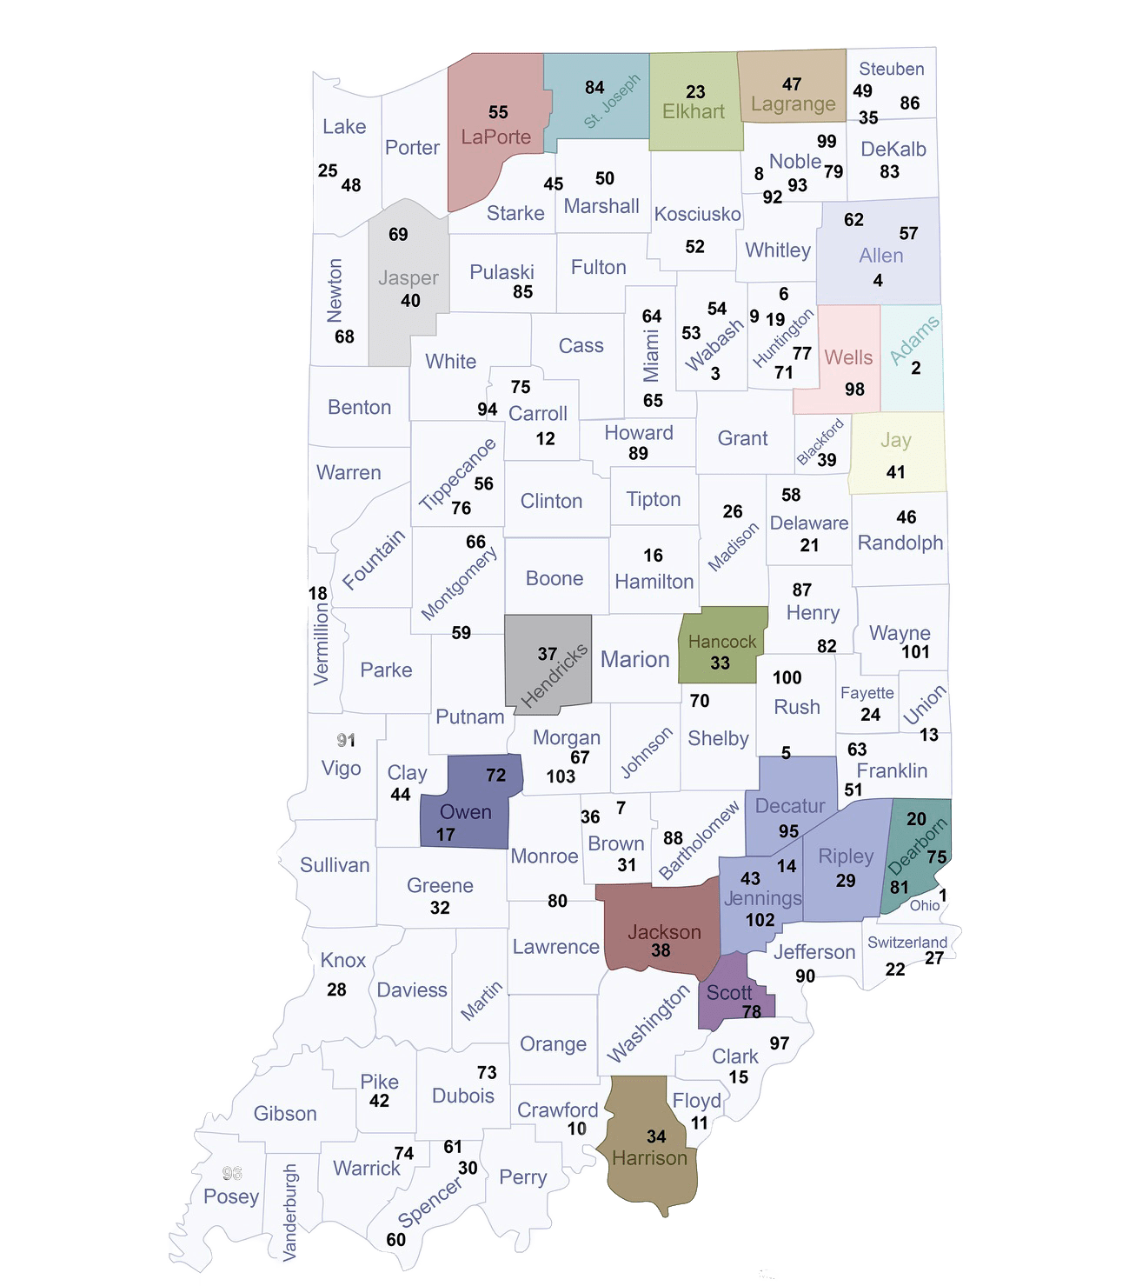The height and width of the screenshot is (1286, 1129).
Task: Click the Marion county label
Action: point(634,659)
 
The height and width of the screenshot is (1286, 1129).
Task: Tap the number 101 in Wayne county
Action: point(915,652)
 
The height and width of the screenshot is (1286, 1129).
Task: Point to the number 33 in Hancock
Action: point(720,663)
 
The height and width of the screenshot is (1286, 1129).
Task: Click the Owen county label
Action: point(466,812)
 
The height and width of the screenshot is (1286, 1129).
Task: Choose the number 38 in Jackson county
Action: point(661,950)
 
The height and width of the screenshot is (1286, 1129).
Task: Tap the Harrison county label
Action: point(649,1158)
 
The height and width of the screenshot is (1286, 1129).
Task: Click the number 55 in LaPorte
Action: point(498,112)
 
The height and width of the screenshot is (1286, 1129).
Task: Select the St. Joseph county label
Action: point(611,102)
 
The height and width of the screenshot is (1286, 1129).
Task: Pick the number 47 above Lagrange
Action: point(791,84)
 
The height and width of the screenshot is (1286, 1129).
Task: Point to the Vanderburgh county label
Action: point(290,1213)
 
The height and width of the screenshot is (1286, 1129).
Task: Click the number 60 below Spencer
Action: point(395,1240)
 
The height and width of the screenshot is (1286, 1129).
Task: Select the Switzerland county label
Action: point(907,943)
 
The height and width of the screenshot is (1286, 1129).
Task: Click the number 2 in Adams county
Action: point(916,368)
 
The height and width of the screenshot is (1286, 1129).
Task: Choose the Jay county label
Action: point(895,440)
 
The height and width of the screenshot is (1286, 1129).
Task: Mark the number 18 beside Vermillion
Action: point(318,594)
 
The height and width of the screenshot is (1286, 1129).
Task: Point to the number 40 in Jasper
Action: point(410,301)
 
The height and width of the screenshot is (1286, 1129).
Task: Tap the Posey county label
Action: point(231,1196)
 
